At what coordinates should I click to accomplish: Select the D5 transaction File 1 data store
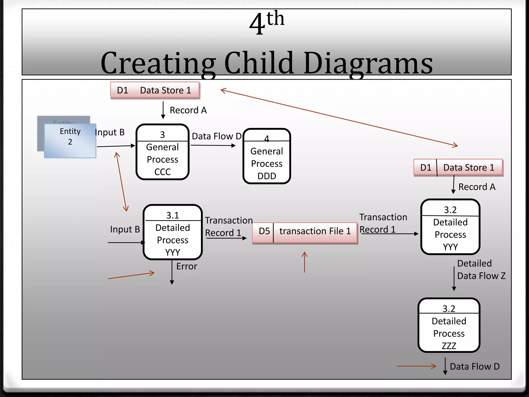click(x=305, y=231)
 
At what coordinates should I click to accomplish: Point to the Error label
click(x=186, y=266)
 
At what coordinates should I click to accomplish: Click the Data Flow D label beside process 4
click(x=216, y=136)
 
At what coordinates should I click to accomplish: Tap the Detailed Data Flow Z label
click(x=481, y=270)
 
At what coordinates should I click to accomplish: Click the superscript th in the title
click(x=275, y=19)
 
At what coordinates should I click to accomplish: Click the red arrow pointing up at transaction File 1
click(x=305, y=262)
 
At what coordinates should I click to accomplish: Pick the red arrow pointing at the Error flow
click(x=131, y=276)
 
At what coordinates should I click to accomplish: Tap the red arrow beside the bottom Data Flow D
click(x=416, y=366)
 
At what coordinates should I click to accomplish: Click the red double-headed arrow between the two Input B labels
click(x=121, y=182)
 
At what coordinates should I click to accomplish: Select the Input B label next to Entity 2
click(x=110, y=132)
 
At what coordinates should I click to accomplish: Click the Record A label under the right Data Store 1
click(x=477, y=187)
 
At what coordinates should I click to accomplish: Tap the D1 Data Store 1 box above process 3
click(x=155, y=90)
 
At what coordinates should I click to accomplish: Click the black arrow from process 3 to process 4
click(x=213, y=146)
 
